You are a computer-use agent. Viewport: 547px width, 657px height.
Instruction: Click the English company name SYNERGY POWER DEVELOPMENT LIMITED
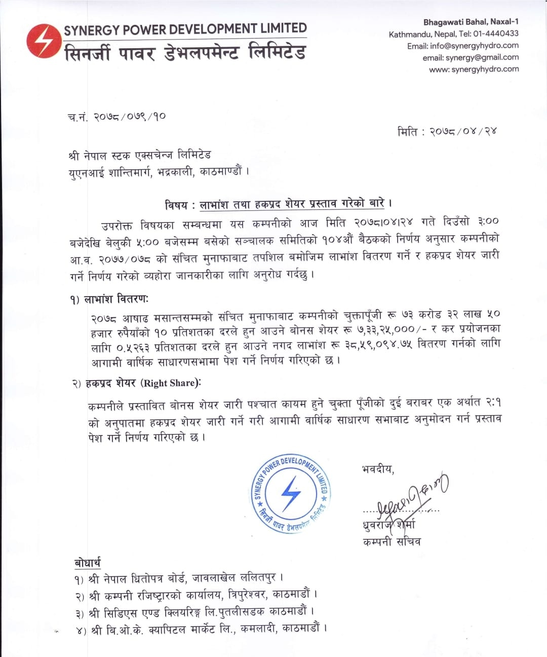click(185, 29)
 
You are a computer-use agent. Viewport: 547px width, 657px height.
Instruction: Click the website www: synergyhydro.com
click(474, 69)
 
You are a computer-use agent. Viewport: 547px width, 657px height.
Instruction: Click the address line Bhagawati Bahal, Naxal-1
click(471, 22)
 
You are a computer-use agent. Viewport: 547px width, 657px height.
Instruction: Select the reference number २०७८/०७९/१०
click(130, 117)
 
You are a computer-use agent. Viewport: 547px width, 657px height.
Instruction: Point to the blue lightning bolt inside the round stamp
click(291, 493)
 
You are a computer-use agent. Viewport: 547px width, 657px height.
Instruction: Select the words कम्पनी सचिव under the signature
click(392, 542)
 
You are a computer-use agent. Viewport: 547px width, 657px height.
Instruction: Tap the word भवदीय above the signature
click(377, 469)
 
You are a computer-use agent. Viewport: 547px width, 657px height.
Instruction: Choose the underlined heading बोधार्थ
click(87, 562)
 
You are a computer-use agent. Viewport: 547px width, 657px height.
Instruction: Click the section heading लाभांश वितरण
click(116, 299)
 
